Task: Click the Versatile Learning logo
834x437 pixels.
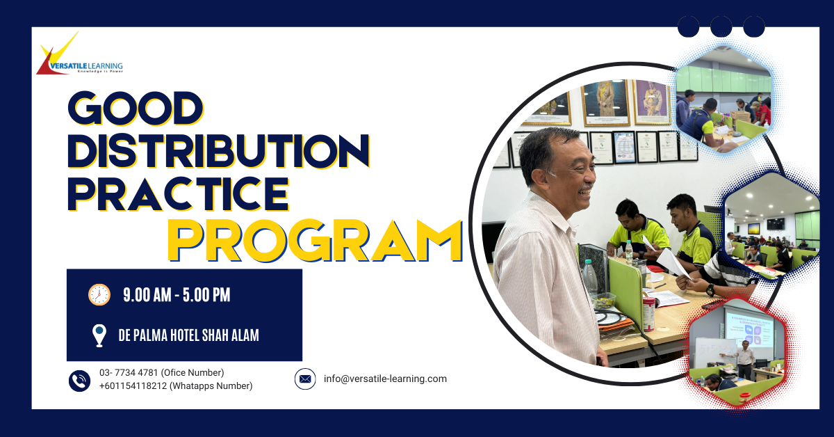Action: pyautogui.click(x=80, y=54)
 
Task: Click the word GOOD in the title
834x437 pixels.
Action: pyautogui.click(x=136, y=108)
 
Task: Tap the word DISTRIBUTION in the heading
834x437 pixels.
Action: pyautogui.click(x=218, y=151)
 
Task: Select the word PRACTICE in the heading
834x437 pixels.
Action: pyautogui.click(x=179, y=194)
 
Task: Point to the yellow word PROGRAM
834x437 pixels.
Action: pyautogui.click(x=315, y=241)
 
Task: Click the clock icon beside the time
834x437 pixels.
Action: pyautogui.click(x=99, y=294)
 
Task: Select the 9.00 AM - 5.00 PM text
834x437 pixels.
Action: pyautogui.click(x=177, y=295)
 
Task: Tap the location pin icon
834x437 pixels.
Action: pyautogui.click(x=99, y=335)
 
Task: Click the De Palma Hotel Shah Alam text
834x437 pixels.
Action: pyautogui.click(x=189, y=335)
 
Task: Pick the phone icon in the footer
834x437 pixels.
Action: pyautogui.click(x=80, y=381)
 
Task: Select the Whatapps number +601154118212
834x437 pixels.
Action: pyautogui.click(x=133, y=386)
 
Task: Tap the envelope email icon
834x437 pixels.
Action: pyautogui.click(x=305, y=379)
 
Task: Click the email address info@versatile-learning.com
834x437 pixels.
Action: pyautogui.click(x=385, y=379)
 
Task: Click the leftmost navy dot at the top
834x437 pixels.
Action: pyautogui.click(x=689, y=26)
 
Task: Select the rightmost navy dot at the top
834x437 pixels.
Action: pyautogui.click(x=754, y=26)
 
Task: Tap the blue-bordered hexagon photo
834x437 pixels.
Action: pyautogui.click(x=723, y=100)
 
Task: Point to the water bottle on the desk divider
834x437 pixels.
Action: pyautogui.click(x=590, y=278)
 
